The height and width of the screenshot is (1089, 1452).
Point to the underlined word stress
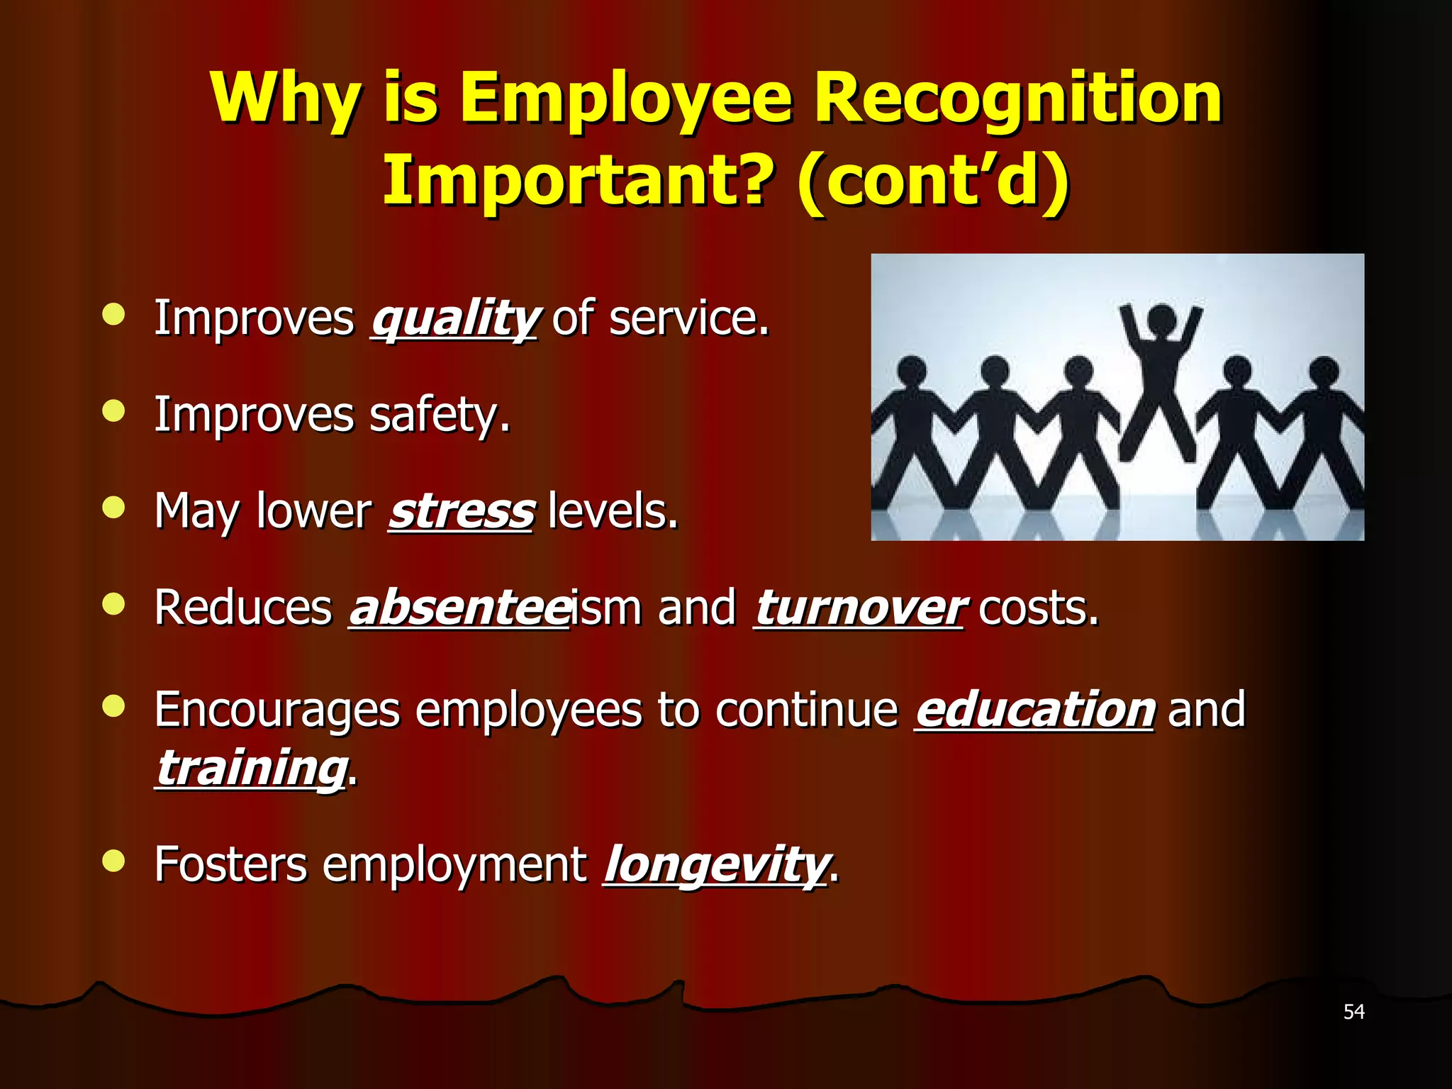pos(462,511)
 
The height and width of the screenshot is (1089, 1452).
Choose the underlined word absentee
pos(459,608)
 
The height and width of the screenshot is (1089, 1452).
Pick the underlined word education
pos(1034,710)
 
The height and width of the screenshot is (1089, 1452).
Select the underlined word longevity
pos(715,865)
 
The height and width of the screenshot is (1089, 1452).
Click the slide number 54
pos(1353,1012)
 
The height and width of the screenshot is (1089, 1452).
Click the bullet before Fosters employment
pos(113,861)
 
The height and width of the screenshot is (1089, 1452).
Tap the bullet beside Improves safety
pos(113,411)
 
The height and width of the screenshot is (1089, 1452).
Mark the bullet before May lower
pos(113,507)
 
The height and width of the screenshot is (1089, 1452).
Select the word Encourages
pos(277,710)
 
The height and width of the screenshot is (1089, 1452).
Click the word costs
pos(1039,608)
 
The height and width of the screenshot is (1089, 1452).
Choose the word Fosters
pos(231,865)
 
